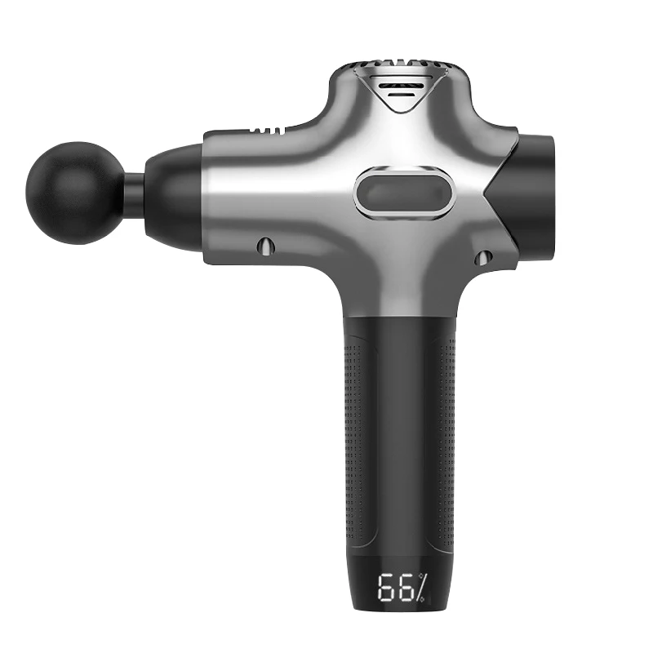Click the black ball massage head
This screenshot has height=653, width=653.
coord(74,193)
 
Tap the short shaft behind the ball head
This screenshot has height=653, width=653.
coord(134,193)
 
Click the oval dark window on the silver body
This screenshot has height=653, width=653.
coord(403,193)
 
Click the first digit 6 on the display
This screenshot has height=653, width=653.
coord(386,588)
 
